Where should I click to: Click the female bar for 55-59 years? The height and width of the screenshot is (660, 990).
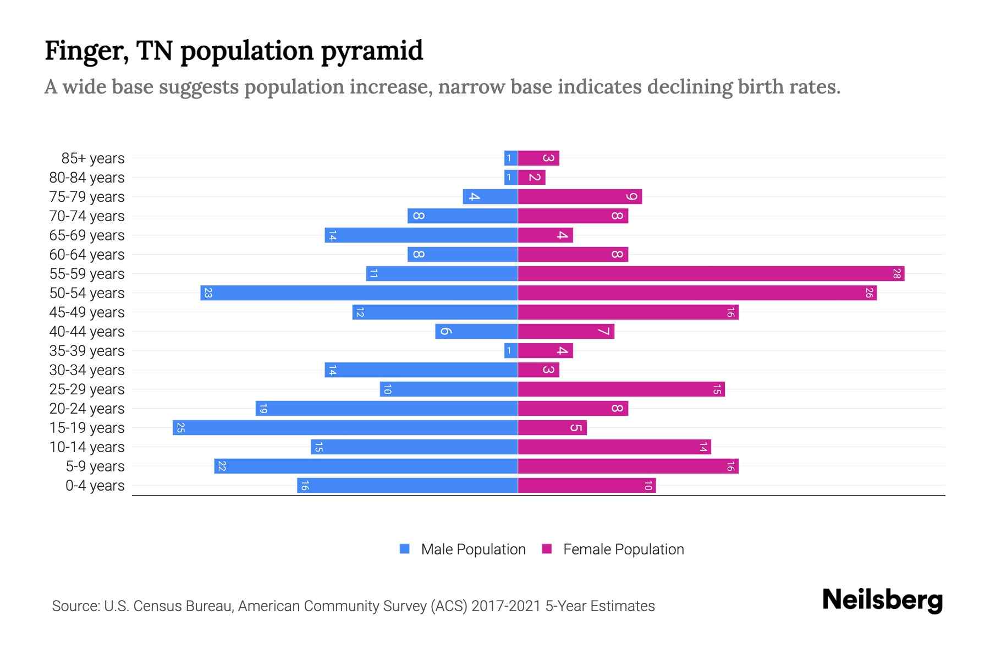711,273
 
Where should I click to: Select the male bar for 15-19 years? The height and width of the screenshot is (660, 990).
345,427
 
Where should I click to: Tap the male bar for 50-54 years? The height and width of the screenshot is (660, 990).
359,293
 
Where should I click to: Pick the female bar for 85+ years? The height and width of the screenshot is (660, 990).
538,158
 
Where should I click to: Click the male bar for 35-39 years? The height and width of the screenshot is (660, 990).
511,350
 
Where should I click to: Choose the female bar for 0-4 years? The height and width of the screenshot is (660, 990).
586,485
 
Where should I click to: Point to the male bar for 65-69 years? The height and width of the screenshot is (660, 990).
421,235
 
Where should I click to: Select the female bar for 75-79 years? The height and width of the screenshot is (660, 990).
580,196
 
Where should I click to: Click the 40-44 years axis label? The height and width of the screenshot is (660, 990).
87,332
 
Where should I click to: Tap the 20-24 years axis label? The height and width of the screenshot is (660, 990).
87,409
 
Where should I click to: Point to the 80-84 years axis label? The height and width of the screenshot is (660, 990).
87,178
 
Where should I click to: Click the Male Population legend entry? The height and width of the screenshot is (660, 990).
473,549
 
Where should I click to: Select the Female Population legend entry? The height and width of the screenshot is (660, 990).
623,549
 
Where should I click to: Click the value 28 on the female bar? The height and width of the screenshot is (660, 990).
897,273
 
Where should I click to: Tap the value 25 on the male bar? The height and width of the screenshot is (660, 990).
180,427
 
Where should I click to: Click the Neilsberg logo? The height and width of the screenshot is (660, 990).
882,599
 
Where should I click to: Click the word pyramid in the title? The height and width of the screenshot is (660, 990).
372,51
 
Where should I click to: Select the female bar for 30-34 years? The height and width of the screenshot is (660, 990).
538,370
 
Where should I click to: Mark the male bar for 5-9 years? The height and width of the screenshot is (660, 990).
366,466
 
